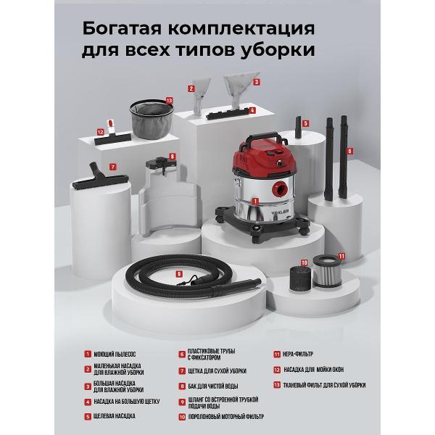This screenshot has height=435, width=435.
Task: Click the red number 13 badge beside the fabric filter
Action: click(169, 101)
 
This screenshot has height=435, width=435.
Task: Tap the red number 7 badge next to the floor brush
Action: click(112, 166)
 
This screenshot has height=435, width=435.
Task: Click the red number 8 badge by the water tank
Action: click(172, 156)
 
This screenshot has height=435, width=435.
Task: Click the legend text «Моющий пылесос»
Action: click(114, 355)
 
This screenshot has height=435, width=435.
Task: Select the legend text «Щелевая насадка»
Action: click(115, 416)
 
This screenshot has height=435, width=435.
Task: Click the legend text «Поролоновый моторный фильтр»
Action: click(225, 417)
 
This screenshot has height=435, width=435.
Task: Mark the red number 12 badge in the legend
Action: click(277, 370)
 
